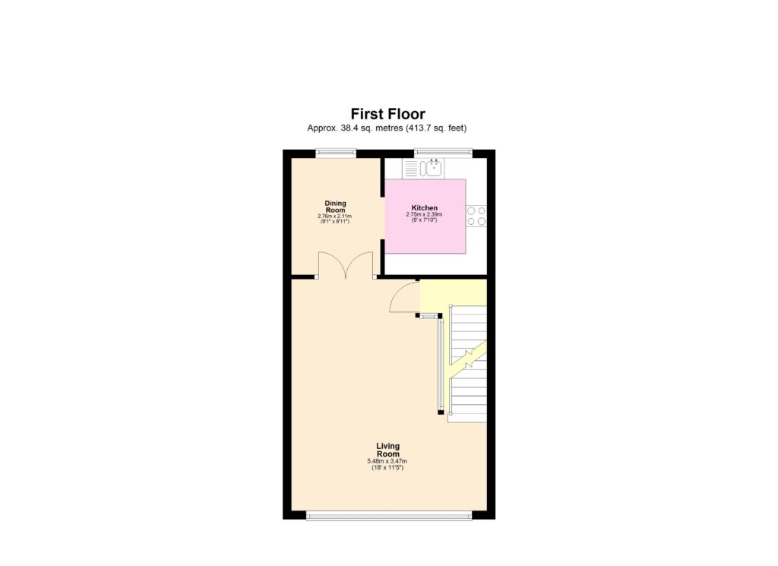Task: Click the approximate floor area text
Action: coord(392,128)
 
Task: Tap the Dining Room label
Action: coord(335,207)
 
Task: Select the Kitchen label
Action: coord(425,207)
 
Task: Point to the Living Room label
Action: coord(387,450)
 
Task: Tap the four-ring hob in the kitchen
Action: coord(476,217)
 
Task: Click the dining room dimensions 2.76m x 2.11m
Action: coord(335,217)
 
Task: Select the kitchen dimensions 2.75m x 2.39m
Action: coord(424,215)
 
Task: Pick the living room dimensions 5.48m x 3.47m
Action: coord(387,461)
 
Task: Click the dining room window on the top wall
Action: coord(336,152)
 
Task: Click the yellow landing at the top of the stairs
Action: coord(454,292)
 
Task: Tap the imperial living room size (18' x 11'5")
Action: coord(387,468)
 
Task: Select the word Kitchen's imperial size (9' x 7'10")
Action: coord(424,221)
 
